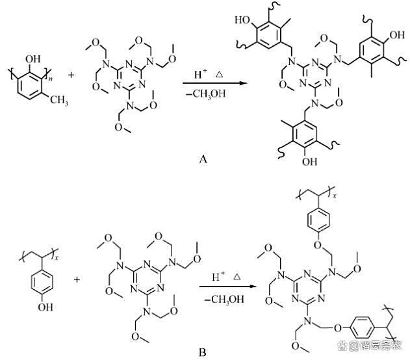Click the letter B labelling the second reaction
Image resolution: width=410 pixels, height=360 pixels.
203,352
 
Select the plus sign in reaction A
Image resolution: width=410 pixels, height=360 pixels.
70,75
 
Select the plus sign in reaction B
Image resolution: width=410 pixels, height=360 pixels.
77,280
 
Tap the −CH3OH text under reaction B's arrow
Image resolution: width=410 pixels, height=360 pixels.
224,300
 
